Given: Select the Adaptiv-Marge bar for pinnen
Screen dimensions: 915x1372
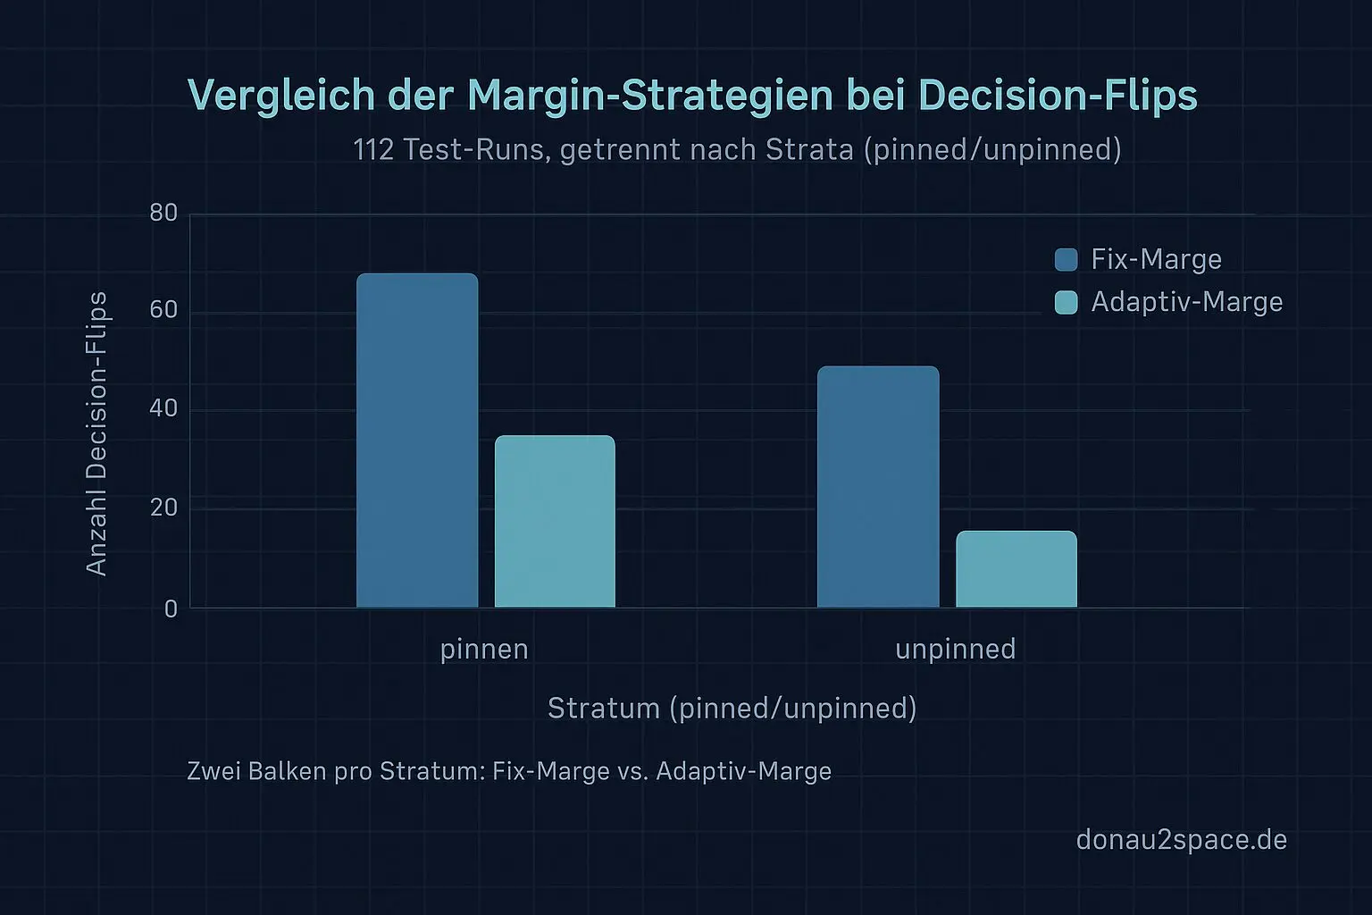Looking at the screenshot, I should [555, 522].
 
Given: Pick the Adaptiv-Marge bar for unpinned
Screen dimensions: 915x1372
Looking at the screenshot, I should [1016, 569].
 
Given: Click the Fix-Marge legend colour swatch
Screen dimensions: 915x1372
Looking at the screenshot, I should [1066, 259].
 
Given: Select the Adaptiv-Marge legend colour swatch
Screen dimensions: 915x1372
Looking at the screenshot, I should [1066, 302].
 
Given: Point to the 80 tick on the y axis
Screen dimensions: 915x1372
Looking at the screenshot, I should [164, 214].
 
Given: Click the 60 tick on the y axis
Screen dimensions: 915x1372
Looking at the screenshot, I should [164, 311].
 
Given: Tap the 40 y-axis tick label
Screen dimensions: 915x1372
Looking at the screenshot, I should [164, 409].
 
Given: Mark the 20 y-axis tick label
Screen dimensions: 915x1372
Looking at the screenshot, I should [164, 508].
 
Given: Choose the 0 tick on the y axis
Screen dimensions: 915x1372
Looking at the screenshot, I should [171, 609].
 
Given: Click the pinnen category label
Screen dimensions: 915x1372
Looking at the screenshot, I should [484, 649].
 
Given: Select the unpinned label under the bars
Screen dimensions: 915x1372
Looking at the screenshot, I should [955, 649].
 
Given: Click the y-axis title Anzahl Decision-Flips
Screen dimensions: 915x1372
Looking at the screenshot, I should [96, 433].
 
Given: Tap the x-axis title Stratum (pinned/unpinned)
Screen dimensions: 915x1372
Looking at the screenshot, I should [732, 708].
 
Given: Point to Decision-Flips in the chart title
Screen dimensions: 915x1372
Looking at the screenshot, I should [1057, 96].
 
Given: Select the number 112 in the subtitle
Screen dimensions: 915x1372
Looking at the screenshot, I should [373, 149].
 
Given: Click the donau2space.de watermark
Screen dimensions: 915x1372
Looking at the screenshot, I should [1181, 840].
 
